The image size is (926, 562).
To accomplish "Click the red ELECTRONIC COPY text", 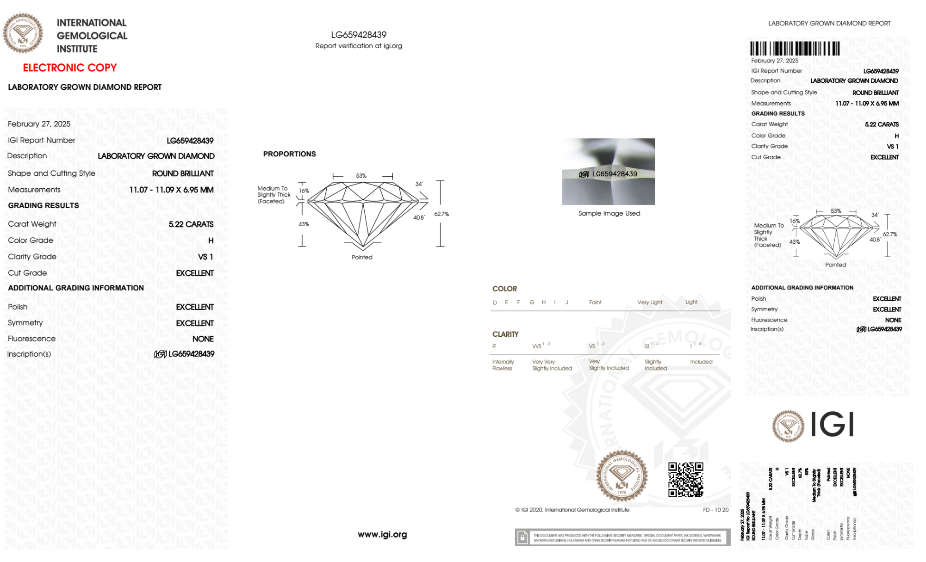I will tap(70, 68).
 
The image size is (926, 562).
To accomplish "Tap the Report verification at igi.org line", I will tap(359, 46).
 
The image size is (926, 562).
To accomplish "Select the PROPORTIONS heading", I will tap(289, 154).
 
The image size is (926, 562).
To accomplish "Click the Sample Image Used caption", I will tap(609, 213).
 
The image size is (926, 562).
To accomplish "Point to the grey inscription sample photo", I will tap(609, 172).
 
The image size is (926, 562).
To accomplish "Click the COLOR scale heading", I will tap(504, 289).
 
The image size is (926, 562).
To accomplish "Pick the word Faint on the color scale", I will tap(595, 303).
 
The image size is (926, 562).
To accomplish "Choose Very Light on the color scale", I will tap(650, 303).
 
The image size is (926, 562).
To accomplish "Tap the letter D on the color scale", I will tap(495, 303).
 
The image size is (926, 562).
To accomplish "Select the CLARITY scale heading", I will tap(505, 334).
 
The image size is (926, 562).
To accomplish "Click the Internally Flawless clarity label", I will tap(503, 365).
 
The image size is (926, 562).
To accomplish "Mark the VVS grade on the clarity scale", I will tap(537, 346).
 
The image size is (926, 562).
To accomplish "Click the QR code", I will tap(685, 480).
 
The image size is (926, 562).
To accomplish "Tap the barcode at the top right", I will tap(795, 49).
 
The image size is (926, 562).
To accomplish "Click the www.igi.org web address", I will tap(382, 535).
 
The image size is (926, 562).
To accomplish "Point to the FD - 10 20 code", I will tap(715, 510).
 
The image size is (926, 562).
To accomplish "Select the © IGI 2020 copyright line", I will tap(572, 510).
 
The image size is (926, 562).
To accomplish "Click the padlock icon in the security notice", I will tap(522, 537).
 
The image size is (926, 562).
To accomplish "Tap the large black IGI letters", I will tap(833, 424).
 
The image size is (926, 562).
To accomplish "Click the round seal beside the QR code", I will tap(621, 476).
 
